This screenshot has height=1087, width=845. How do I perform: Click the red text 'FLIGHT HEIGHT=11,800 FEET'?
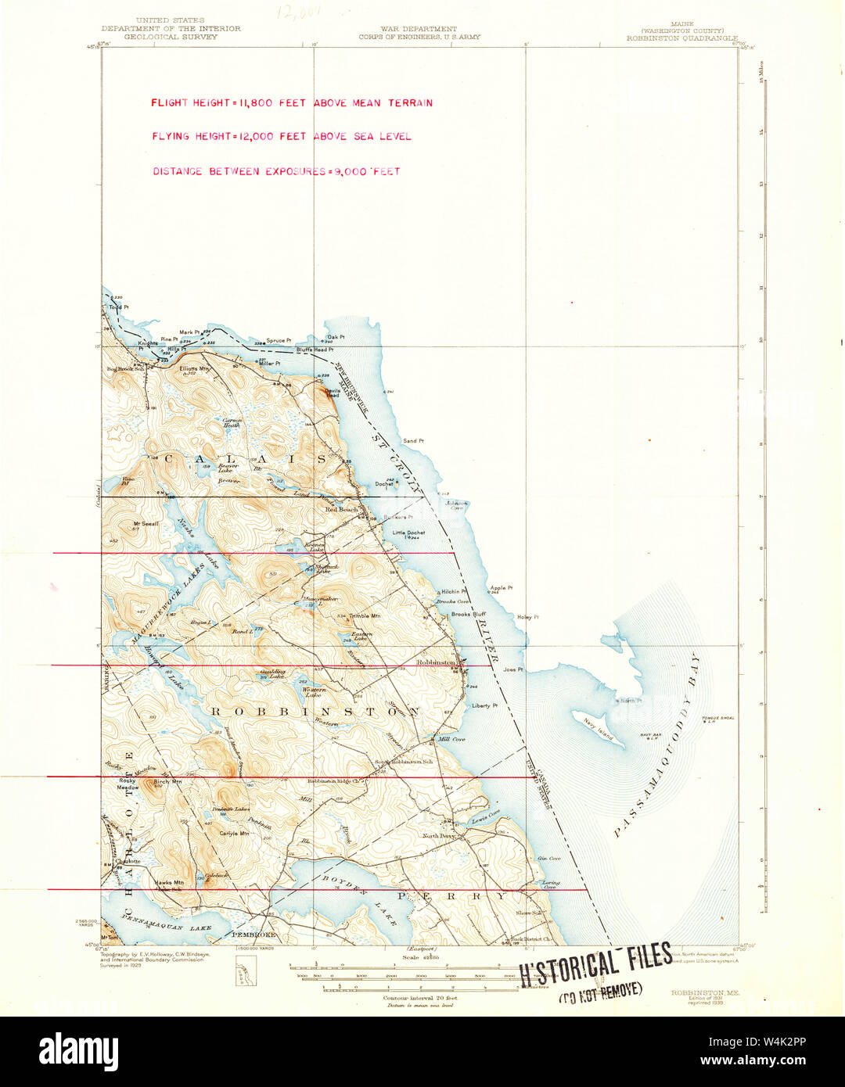[228, 103]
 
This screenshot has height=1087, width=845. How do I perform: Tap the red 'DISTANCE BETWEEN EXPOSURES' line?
[275, 171]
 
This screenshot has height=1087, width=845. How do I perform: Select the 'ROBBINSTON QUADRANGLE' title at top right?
[681, 38]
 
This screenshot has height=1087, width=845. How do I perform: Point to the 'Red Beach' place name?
[341, 509]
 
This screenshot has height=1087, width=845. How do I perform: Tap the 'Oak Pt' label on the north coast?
[336, 337]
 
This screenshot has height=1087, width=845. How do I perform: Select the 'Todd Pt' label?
[118, 307]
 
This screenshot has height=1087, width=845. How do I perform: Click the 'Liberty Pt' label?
[484, 705]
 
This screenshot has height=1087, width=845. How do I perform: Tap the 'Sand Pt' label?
[413, 441]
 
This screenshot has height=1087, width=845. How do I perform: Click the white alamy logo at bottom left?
[78, 1049]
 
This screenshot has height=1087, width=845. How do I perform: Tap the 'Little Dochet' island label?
[408, 533]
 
